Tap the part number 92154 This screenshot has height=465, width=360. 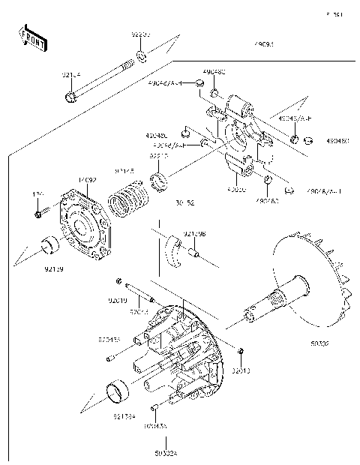tap(72, 74)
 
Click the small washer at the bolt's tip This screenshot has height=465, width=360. tap(141, 58)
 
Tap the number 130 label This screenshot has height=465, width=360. tap(37, 194)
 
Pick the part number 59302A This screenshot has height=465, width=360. tap(157, 451)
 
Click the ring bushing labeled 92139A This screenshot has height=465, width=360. tap(116, 391)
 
